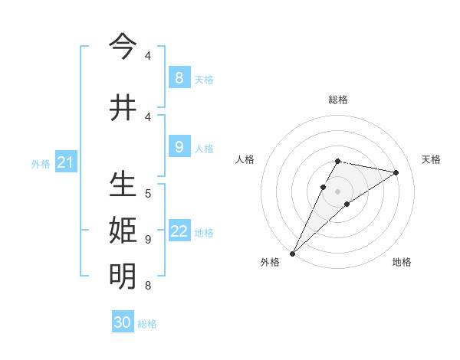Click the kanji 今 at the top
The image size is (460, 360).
pos(123,47)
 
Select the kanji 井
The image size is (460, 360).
pos(123,108)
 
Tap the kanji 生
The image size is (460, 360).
pos(123,186)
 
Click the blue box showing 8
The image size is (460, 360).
pos(179,77)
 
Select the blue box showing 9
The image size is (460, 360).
pos(179,146)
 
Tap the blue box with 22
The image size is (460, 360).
pos(179,231)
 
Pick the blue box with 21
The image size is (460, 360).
pos(64,162)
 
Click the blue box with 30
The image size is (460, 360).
pos(123,322)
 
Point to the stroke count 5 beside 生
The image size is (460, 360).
pos(148,194)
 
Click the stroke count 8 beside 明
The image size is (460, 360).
pos(148,286)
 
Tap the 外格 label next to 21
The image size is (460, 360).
pos(41,163)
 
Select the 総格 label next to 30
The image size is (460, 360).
pos(147,324)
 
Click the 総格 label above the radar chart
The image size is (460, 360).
pos(338,100)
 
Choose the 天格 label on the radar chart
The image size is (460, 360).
pos(431,159)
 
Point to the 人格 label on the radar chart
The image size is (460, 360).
pos(245,159)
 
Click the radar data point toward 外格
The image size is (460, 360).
pos(292,253)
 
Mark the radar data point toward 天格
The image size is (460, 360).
pos(396,173)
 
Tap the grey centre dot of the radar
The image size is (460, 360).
pos(338,191)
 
